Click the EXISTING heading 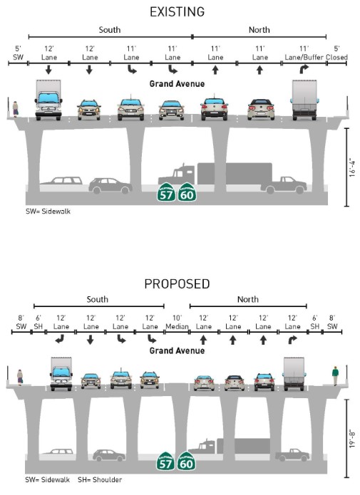[177, 12]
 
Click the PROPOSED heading [177, 284]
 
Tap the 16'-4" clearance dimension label [352, 168]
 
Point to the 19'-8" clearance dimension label [352, 439]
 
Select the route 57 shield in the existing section [166, 192]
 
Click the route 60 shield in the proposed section [186, 462]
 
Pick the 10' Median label [177, 323]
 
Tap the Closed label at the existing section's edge [337, 58]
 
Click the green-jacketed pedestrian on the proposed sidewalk [335, 375]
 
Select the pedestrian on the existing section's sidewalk [15, 109]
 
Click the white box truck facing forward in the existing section [48, 100]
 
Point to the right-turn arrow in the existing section [304, 69]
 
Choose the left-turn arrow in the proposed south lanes [59, 340]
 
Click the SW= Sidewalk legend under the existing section [48, 212]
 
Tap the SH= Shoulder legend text [100, 480]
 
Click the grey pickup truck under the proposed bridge [292, 455]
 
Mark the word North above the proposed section [248, 299]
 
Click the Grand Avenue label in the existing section [177, 84]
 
